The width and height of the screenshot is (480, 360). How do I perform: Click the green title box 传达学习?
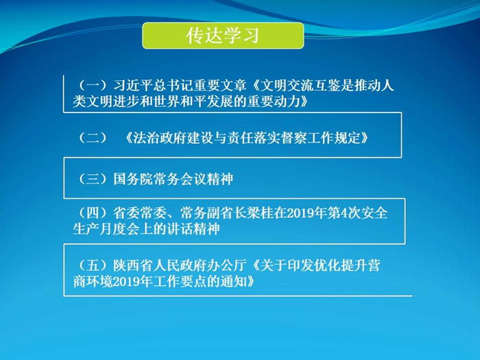click(x=223, y=36)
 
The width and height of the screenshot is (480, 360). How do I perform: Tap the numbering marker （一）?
click(x=93, y=86)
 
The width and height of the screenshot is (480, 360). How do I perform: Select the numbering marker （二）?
click(x=93, y=138)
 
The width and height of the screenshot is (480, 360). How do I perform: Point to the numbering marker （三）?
click(x=93, y=179)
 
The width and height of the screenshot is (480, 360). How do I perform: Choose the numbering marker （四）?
click(x=93, y=213)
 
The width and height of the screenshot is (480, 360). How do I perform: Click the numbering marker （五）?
click(x=93, y=265)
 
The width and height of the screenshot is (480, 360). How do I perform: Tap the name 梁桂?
click(x=261, y=213)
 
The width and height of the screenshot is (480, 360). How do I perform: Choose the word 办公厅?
click(x=226, y=265)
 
